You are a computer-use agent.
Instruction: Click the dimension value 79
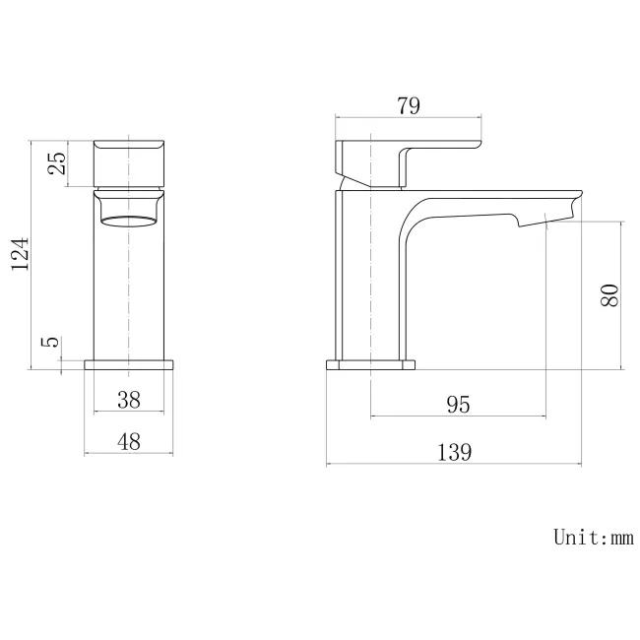tap(409, 106)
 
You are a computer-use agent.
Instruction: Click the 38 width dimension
tap(129, 400)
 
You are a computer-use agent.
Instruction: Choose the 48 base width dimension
tap(129, 442)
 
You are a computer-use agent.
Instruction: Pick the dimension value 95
tap(458, 404)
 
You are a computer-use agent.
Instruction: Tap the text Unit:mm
tap(593, 537)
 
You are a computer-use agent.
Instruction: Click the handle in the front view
tap(129, 161)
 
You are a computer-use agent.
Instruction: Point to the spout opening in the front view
tap(130, 218)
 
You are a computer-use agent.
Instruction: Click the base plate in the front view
tap(129, 364)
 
